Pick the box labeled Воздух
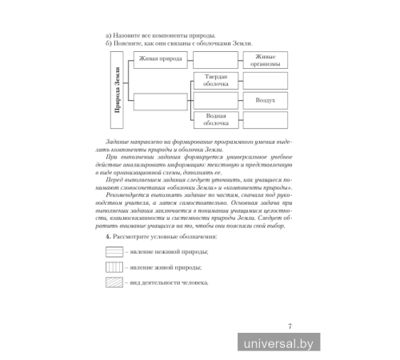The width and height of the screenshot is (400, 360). point(266,101)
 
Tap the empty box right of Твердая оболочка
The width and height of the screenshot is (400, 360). point(266,80)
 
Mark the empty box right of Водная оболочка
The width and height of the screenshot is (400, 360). point(266,121)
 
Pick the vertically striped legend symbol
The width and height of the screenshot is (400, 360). point(111,267)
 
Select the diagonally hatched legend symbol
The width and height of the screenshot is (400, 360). point(111,282)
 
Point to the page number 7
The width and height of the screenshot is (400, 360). point(290,324)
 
